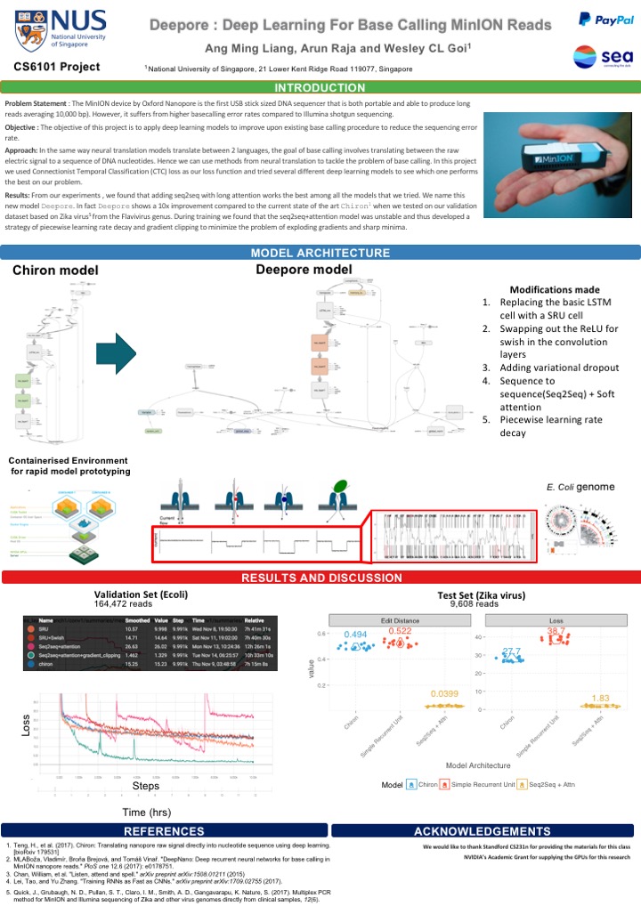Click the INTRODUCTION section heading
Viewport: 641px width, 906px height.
pos(320,87)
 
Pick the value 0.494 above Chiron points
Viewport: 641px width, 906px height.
pos(355,634)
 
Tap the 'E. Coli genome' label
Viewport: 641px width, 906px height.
pos(580,488)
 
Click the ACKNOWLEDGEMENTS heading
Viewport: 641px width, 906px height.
pos(482,829)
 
